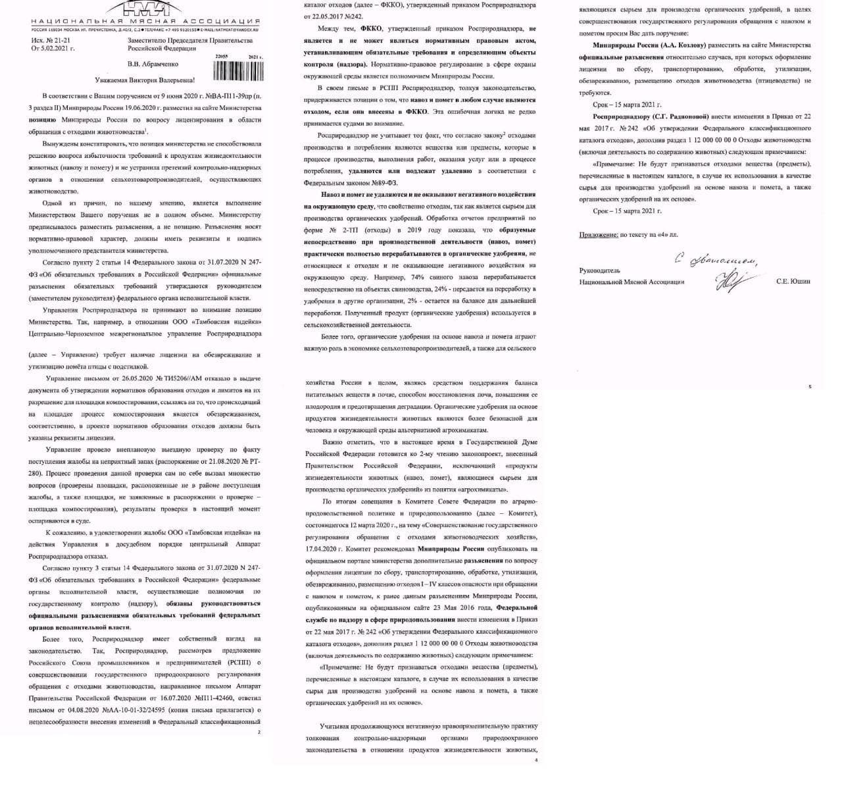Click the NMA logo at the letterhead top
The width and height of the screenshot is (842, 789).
tap(146, 9)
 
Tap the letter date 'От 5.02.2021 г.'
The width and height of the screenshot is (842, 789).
tap(53, 49)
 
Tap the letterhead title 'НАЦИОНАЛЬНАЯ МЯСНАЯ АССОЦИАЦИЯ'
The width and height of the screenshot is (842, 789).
tap(145, 22)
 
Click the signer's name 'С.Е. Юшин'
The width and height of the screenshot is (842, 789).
tap(793, 282)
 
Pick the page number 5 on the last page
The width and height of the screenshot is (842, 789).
tap(810, 386)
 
